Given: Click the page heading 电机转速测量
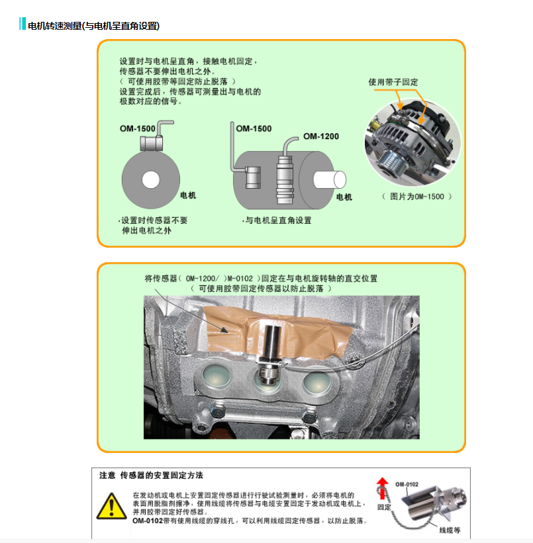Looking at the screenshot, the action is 54,26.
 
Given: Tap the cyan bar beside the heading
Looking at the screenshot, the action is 23,24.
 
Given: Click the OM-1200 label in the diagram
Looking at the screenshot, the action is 321,136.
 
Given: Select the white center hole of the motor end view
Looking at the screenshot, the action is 151,179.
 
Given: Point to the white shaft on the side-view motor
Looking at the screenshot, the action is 329,179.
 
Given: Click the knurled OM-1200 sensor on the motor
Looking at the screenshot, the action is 285,180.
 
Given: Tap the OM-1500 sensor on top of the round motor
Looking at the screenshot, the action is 152,143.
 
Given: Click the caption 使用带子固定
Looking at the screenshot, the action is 393,82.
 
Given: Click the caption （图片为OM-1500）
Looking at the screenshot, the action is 417,197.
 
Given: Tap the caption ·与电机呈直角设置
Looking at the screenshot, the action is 277,221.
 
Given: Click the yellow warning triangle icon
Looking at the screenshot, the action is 111,506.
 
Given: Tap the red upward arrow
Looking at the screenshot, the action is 382,488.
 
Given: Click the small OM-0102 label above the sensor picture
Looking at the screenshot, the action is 407,485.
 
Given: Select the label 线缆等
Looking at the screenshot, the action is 450,530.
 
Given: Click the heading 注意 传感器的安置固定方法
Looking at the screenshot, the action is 152,475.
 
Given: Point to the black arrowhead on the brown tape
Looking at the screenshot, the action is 224,330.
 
